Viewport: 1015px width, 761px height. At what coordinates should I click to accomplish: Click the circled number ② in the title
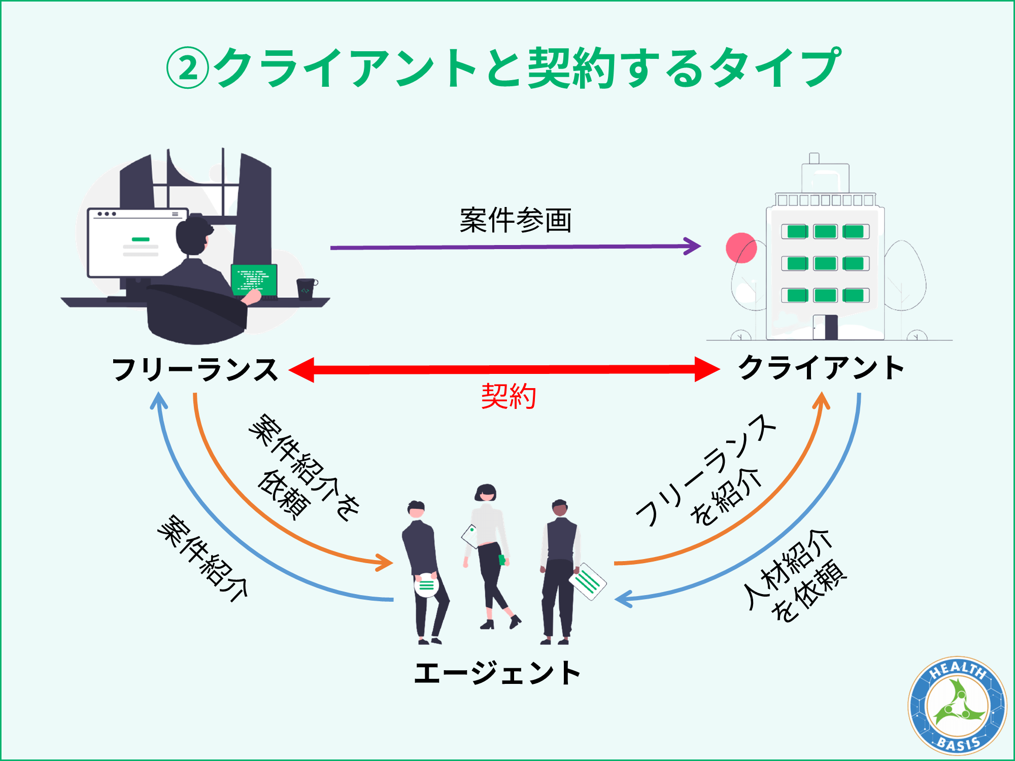click(187, 68)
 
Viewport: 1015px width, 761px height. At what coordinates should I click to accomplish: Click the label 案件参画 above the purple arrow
click(516, 221)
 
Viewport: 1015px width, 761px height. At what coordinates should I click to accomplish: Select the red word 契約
click(509, 396)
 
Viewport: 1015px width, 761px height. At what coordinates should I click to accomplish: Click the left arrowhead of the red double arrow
click(302, 369)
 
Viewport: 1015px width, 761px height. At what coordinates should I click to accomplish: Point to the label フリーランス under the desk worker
click(195, 369)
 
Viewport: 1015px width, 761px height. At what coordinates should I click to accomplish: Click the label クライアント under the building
click(821, 368)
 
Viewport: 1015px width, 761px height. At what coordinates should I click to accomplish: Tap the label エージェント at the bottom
click(497, 673)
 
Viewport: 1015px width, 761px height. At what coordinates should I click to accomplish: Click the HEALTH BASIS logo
click(957, 706)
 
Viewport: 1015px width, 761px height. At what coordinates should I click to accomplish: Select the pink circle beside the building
click(741, 248)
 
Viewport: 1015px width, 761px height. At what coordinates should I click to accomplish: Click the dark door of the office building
click(831, 327)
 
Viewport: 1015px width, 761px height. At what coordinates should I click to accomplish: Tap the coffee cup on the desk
click(306, 289)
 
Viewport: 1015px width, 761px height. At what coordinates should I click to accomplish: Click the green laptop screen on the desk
click(254, 280)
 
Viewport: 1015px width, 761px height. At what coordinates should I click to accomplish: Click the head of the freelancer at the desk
click(193, 236)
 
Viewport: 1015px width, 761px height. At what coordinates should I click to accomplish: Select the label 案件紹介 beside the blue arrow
click(203, 558)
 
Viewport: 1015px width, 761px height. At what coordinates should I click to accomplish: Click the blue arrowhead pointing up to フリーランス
click(159, 401)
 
